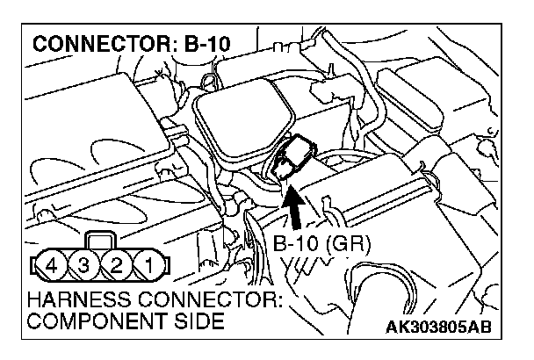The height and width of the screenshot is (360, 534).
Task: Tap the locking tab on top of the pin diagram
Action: coord(102,240)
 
